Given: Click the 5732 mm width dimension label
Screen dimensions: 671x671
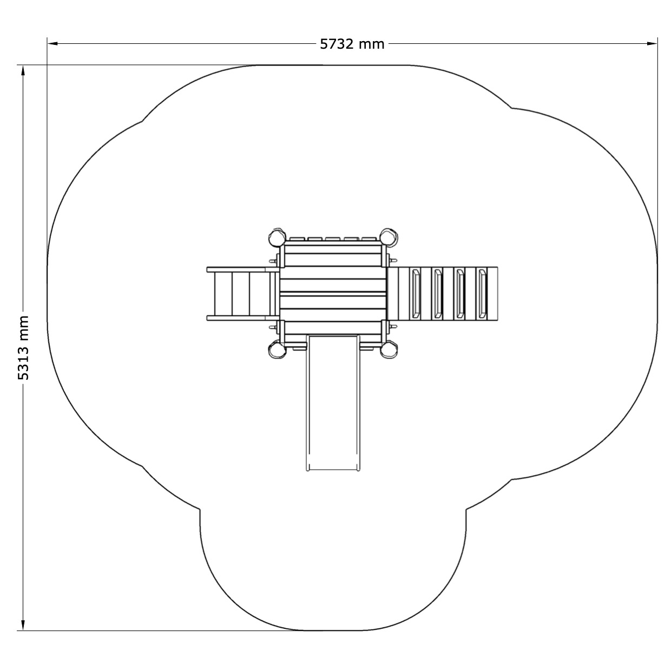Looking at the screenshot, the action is pos(352,44).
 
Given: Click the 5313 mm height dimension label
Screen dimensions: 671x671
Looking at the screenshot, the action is pos(23,347).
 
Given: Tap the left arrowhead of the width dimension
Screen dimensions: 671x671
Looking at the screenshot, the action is pos(52,43).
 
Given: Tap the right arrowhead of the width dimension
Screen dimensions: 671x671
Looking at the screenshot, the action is pos(653,43).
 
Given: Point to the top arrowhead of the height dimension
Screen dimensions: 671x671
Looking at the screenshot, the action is pos(23,70).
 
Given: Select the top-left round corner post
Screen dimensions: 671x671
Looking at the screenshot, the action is pos(277,237).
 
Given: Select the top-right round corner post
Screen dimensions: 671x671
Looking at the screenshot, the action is pos(389,237).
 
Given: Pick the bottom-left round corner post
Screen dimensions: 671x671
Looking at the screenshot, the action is pos(277,349).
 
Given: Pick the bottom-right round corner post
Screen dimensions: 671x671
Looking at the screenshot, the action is pos(389,349).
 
